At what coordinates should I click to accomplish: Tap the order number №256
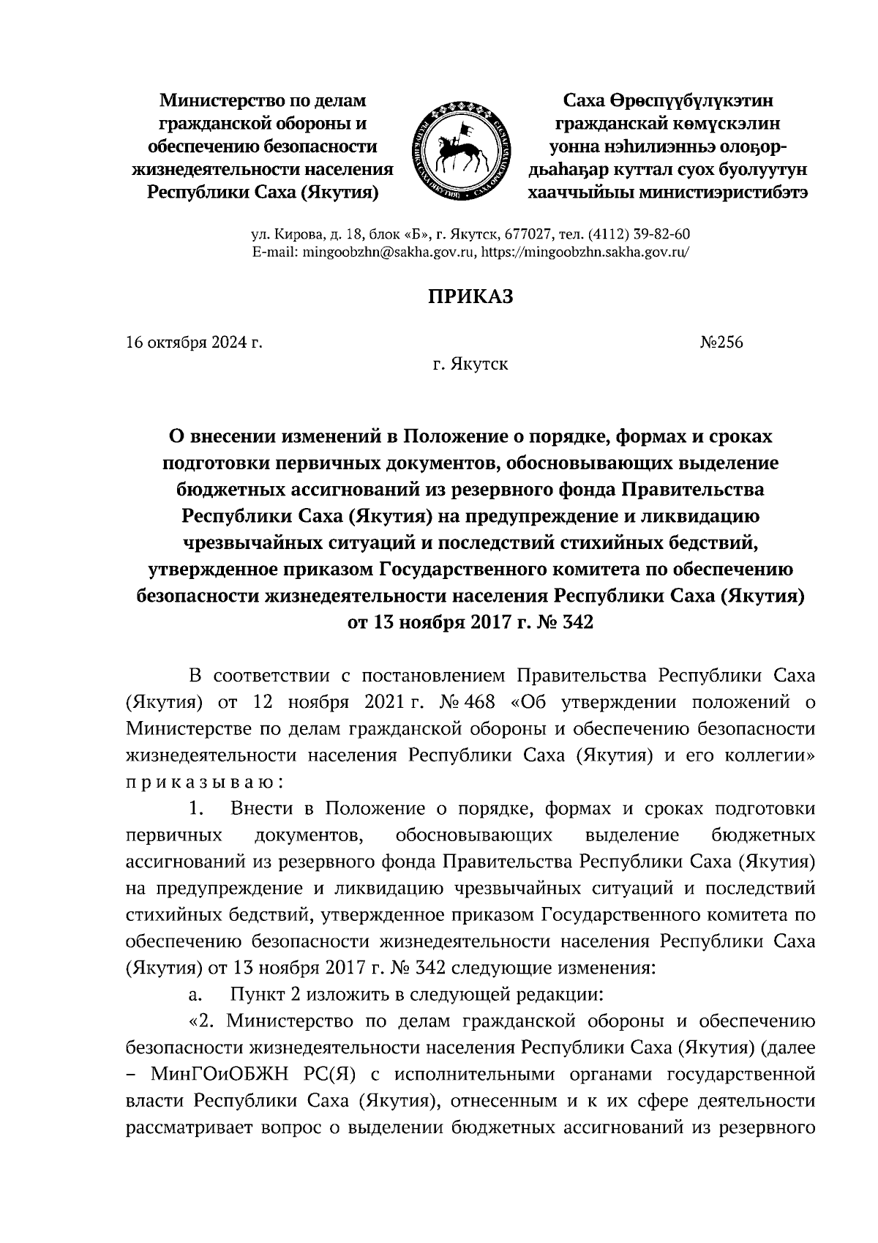[x=721, y=342]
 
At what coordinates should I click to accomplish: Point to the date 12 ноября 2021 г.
[x=340, y=702]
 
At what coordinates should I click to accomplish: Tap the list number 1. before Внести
[x=195, y=808]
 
